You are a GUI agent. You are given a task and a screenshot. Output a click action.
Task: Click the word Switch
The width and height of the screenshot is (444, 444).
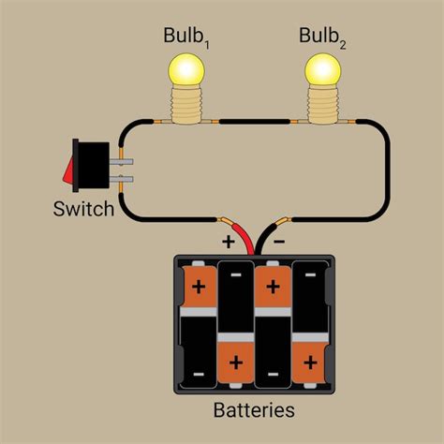(x=83, y=208)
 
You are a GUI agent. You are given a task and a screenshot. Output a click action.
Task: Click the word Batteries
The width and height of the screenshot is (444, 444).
(x=253, y=410)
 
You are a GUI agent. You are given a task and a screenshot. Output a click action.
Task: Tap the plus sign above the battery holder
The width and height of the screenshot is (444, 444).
(x=228, y=241)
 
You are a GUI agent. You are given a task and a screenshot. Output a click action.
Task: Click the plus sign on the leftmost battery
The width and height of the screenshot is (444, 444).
(x=199, y=283)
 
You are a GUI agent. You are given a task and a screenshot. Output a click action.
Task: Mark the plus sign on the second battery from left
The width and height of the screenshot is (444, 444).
(x=235, y=359)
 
